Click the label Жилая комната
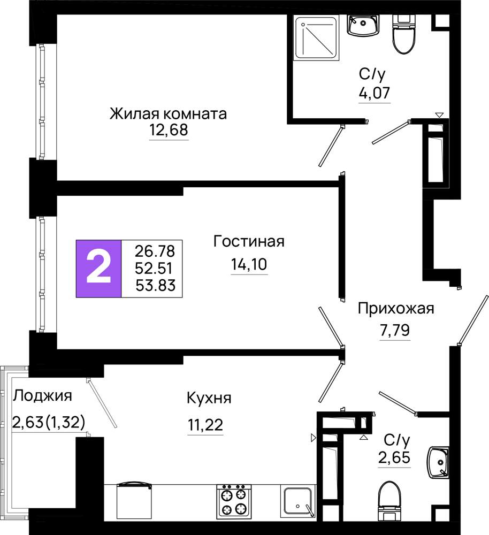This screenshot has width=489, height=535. [x=168, y=113]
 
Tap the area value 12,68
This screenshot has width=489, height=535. [x=169, y=130]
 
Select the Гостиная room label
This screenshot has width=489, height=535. [x=249, y=241]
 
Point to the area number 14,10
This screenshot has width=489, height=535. [x=249, y=264]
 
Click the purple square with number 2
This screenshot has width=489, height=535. [x=98, y=269]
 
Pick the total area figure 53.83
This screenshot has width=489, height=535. [x=156, y=285]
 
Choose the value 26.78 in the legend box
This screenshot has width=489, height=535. [x=155, y=251]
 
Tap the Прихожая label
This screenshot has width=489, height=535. [x=396, y=309]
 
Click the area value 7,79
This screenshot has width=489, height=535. [x=395, y=330]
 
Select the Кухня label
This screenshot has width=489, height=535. [x=209, y=399]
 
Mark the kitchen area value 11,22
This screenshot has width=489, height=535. [x=205, y=425]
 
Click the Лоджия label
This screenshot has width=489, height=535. [x=43, y=396]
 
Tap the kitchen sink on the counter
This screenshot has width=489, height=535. [x=297, y=501]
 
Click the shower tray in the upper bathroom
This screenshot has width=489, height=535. [x=317, y=38]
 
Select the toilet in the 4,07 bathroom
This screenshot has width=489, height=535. [x=404, y=34]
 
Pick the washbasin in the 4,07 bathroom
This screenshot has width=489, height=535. [x=363, y=25]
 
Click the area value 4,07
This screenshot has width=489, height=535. [x=374, y=93]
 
